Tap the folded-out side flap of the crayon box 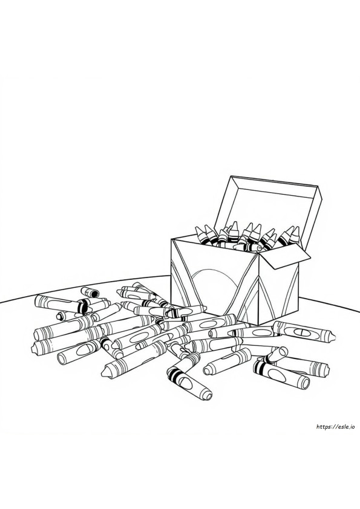(x=288, y=256)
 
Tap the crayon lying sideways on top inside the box (x=247, y=248)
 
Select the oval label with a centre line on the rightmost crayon (x=301, y=332)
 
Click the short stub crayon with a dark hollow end (x=90, y=292)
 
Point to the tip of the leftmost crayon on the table (x=33, y=349)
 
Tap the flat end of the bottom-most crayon (x=207, y=396)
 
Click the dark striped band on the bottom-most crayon (x=174, y=374)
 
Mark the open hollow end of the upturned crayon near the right (x=282, y=351)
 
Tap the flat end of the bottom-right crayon (x=305, y=383)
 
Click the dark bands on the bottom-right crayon (x=260, y=368)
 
